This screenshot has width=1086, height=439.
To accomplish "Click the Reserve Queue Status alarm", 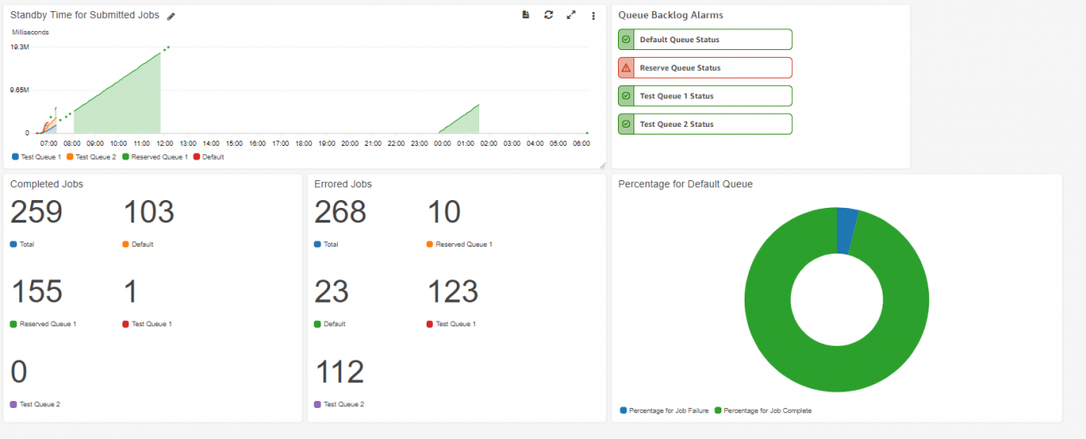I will tap(704, 68).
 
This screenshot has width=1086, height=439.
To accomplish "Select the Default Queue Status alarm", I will tap(704, 40).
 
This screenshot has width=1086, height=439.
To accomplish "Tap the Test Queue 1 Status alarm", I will tap(704, 97).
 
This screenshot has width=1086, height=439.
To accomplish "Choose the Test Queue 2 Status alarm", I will tap(704, 124).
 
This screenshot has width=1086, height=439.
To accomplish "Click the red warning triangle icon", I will tap(626, 68).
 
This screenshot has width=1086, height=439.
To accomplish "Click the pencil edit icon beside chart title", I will tap(171, 16).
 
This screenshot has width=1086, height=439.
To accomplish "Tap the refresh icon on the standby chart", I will tap(548, 15).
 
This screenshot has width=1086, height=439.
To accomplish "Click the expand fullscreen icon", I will tap(571, 15).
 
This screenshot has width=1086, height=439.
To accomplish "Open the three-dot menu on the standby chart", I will tap(593, 16).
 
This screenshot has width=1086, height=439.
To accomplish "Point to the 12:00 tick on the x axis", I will tap(165, 143).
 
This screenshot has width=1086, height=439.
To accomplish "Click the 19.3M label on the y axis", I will tap(20, 47).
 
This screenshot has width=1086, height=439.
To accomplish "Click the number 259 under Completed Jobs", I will tap(36, 212).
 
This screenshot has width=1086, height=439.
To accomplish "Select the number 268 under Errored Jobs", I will tap(340, 212).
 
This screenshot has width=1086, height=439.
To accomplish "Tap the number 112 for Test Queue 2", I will tap(340, 372).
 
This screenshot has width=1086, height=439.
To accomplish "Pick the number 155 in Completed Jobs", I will tap(36, 292).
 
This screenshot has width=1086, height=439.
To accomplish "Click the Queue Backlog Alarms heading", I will tap(671, 16).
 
